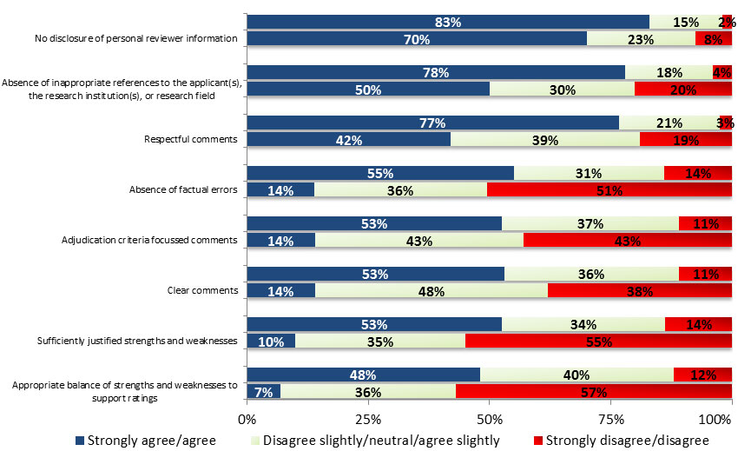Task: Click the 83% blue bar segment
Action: [448, 22]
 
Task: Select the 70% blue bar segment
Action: [417, 38]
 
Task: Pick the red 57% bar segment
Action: [594, 392]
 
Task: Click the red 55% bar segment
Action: [599, 342]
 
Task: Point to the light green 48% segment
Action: [432, 290]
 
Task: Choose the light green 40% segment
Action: [577, 375]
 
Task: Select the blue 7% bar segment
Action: [264, 392]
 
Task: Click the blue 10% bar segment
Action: [271, 342]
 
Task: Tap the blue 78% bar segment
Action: [436, 72]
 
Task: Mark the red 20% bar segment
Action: [683, 89]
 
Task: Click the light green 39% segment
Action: [545, 139]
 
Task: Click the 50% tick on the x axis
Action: [490, 420]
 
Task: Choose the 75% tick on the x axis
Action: [611, 420]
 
